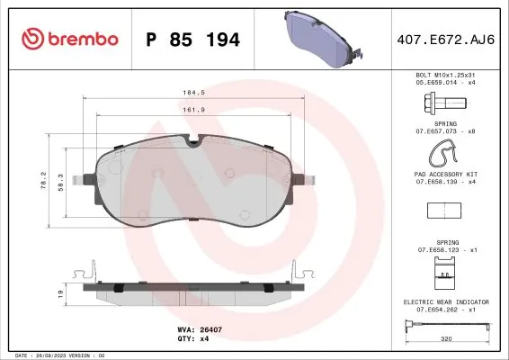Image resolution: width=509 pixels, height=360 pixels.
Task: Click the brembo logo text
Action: [x=83, y=39]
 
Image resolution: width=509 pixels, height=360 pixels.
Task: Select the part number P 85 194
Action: [x=192, y=40]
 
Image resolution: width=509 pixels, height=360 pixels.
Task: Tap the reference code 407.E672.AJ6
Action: [x=446, y=40]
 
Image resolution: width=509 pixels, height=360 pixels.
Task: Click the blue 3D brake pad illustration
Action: [x=324, y=39]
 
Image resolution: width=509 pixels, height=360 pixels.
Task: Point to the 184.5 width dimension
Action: [x=193, y=93]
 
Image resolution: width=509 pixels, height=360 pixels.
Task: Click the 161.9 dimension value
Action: [x=193, y=110]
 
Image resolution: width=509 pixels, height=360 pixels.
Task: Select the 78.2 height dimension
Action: [x=43, y=181]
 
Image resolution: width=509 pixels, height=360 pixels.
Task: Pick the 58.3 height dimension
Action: [x=61, y=183]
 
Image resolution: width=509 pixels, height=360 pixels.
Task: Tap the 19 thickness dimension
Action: [x=60, y=294]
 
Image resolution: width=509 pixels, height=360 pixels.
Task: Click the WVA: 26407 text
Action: [x=200, y=329]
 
